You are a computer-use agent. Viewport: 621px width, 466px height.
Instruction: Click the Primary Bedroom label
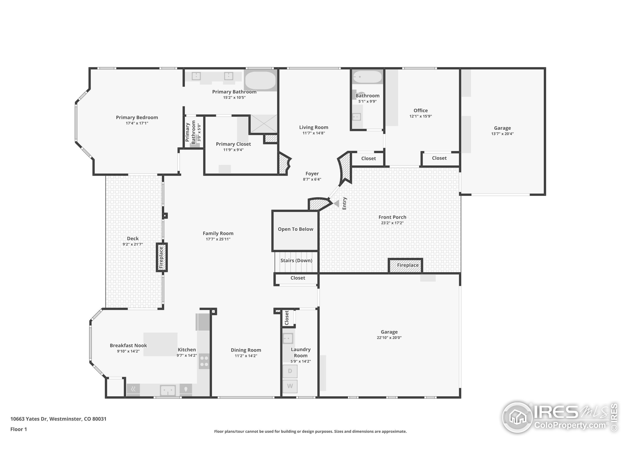137,117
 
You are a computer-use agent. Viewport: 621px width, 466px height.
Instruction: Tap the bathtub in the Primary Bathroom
260,80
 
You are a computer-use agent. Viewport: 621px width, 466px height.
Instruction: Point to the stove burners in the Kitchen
204,361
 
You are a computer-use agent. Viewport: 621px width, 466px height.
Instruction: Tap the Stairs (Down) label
296,260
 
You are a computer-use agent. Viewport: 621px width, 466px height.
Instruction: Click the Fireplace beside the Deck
161,257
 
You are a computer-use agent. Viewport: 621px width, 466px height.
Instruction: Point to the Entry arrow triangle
336,203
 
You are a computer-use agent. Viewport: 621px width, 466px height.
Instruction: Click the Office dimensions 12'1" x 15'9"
420,116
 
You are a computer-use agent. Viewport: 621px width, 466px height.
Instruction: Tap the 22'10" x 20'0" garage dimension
389,338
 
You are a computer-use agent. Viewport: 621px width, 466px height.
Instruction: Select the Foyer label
312,174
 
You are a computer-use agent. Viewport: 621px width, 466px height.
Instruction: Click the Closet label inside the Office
439,158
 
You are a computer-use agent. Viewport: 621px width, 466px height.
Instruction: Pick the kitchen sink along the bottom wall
168,390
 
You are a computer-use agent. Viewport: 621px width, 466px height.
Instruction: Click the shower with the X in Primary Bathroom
263,124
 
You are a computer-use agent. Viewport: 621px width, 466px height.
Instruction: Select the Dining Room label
246,350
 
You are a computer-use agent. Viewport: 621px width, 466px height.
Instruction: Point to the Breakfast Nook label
128,346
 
